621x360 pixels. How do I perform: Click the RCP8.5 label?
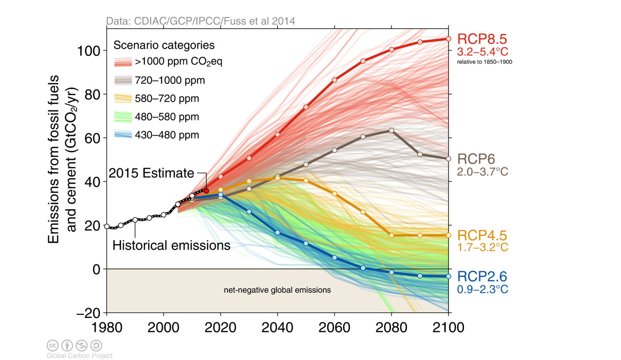482,39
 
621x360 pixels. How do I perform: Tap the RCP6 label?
476,158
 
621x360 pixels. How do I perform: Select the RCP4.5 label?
482,235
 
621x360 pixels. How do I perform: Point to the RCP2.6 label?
482,277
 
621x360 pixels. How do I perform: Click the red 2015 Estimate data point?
206,191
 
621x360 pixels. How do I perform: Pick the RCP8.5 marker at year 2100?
449,39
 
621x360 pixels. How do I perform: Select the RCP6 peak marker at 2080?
391,130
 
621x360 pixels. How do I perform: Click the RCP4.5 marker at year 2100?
449,235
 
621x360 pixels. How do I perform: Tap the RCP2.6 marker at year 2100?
449,277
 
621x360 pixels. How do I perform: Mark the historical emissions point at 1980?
107,226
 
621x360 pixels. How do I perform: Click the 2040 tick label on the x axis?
277,327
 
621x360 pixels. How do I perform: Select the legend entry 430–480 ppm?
167,135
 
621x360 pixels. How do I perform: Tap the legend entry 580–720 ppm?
167,98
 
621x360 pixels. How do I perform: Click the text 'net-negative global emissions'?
277,290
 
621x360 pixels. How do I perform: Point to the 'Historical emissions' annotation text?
172,245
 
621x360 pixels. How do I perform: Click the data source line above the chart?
201,21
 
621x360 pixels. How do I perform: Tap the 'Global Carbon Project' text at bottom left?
80,356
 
